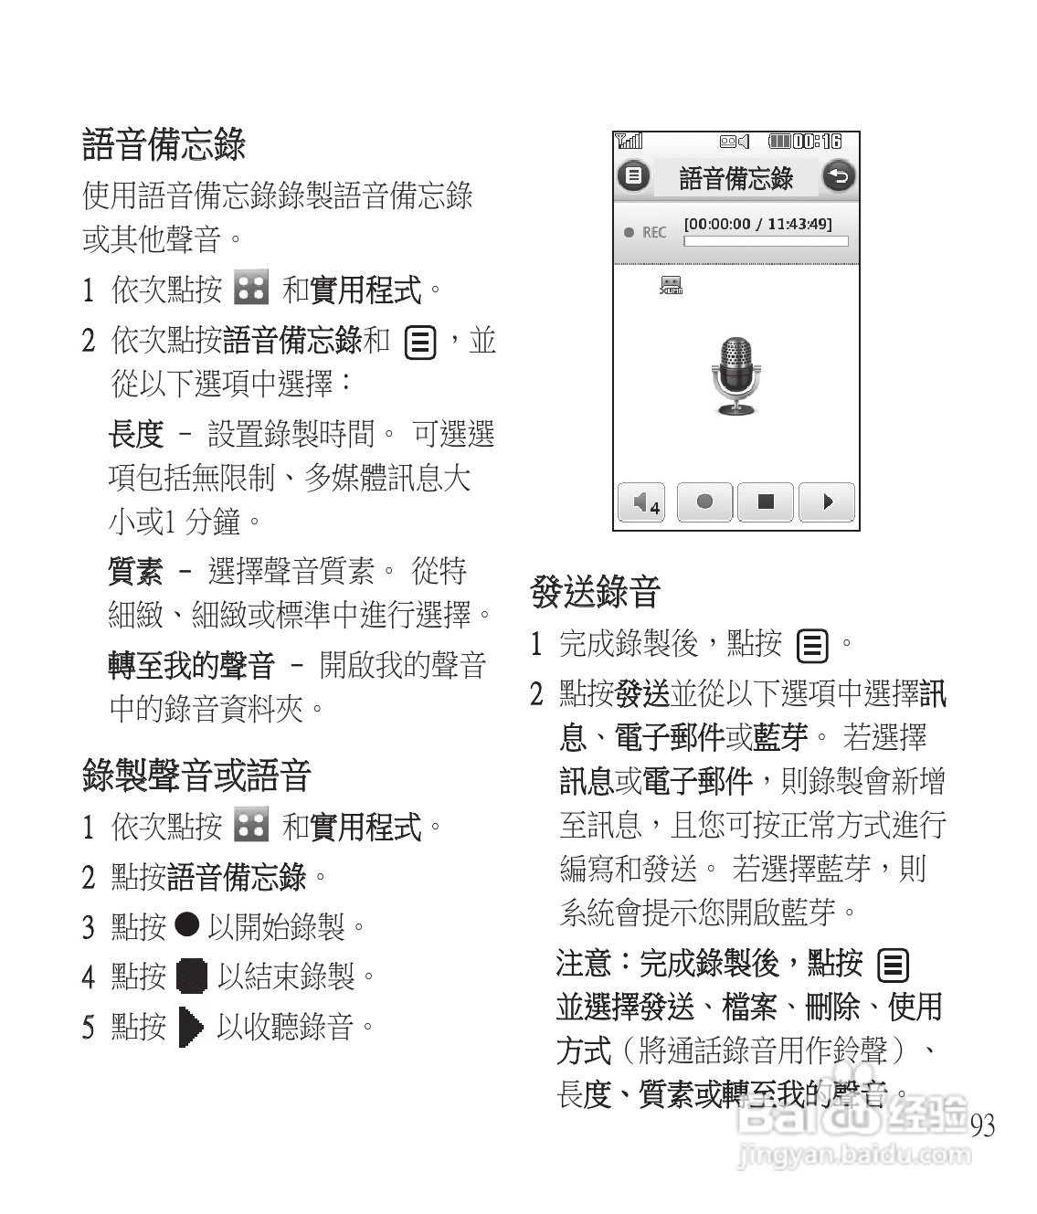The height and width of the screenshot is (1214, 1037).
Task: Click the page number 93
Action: point(982,1125)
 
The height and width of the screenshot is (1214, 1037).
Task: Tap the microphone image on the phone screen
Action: point(735,375)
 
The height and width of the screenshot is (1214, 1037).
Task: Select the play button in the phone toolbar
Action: point(827,501)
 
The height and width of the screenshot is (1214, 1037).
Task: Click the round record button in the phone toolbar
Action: point(704,501)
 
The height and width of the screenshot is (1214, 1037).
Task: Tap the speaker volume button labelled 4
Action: point(643,501)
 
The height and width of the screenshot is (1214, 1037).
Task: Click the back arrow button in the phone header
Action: point(839,176)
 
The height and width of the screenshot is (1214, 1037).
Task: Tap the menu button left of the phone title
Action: point(633,176)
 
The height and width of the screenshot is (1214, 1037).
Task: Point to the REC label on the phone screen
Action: point(653,233)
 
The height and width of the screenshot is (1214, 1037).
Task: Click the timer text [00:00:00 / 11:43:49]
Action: point(757,224)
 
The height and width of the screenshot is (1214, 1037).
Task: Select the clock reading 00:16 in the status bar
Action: point(817,142)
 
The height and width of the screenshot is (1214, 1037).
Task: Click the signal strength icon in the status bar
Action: point(629,142)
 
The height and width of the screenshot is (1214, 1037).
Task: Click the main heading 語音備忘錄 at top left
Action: point(164,144)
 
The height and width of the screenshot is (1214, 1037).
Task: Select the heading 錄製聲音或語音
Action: point(196,776)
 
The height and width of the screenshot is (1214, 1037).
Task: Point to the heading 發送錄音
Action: point(595,593)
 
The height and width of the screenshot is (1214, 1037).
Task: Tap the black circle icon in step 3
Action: point(186,924)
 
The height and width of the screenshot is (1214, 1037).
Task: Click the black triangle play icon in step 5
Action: point(191,1027)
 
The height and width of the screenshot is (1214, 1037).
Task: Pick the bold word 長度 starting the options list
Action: point(135,434)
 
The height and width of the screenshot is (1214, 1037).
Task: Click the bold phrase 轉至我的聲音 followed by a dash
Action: point(191,665)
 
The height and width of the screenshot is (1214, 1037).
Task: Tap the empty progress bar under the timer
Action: point(766,242)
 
